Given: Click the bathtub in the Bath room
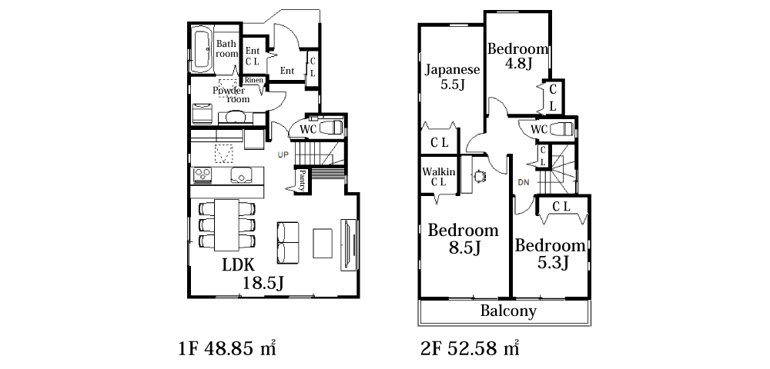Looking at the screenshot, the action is point(201,50).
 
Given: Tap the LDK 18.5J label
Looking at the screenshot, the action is point(254,274).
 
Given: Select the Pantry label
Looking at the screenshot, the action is point(303,181).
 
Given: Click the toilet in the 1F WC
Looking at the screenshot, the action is point(330,128).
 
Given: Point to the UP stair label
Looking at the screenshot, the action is point(283,155).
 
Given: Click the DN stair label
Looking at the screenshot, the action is point(524,183).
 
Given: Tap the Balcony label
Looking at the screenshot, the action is point(507,311).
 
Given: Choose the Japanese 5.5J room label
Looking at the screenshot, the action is point(452,77).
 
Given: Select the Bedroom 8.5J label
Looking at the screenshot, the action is point(463,239).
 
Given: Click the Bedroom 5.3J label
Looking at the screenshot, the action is point(550,254).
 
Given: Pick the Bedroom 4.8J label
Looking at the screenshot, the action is point(517,56).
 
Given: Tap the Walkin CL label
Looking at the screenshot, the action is point(439,177).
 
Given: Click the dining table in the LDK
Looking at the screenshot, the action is point(226,224).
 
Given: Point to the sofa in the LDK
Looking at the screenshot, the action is point(288,243).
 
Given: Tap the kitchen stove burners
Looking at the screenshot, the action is point(203,175).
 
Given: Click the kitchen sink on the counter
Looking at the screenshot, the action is point(241,175).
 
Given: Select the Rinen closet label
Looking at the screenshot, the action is point(254,80).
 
